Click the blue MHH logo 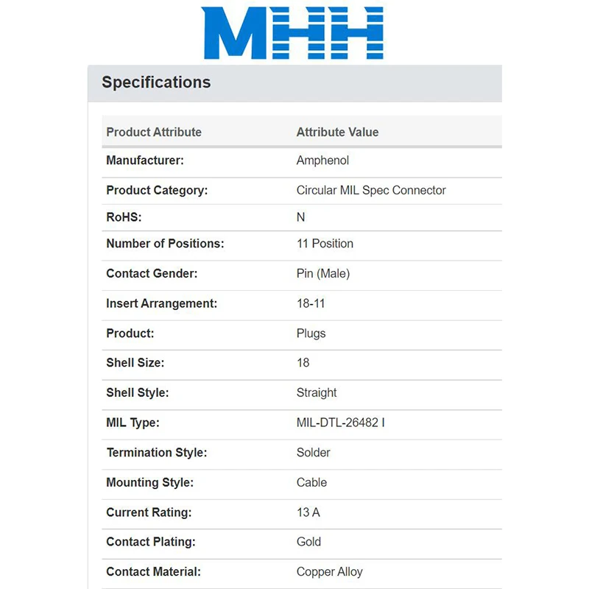pyautogui.click(x=293, y=33)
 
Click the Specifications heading pyautogui.click(x=156, y=82)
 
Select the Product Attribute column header pyautogui.click(x=154, y=133)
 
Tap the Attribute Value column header pyautogui.click(x=337, y=133)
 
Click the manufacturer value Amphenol pyautogui.click(x=322, y=161)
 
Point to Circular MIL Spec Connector pyautogui.click(x=371, y=190)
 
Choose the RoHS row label pyautogui.click(x=124, y=217)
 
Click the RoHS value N pyautogui.click(x=300, y=217)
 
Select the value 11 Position pyautogui.click(x=325, y=244)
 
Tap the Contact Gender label pyautogui.click(x=152, y=274)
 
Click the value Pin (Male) pyautogui.click(x=323, y=274)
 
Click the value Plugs pyautogui.click(x=311, y=334)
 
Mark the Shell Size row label pyautogui.click(x=135, y=363)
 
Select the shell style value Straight pyautogui.click(x=317, y=392)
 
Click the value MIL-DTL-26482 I pyautogui.click(x=341, y=423)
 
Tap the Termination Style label pyautogui.click(x=157, y=453)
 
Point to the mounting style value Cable pyautogui.click(x=311, y=482)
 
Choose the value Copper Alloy pyautogui.click(x=330, y=571)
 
